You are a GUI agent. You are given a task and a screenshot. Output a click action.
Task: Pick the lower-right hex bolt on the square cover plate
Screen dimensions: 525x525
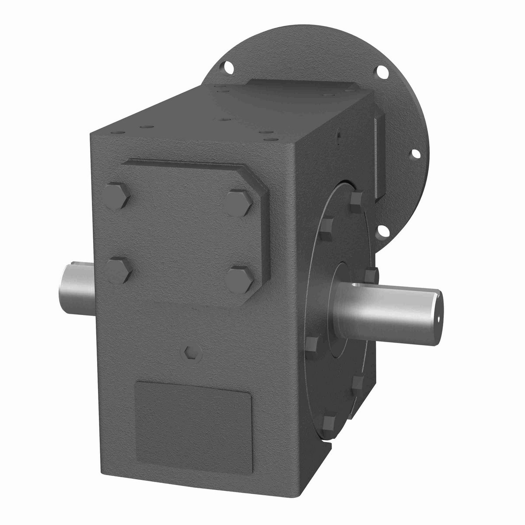coord(240,279)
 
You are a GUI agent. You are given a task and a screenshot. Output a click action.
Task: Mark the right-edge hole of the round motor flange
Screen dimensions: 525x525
coord(416,154)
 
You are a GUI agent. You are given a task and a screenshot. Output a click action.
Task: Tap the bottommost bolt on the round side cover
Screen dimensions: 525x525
coord(330,422)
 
